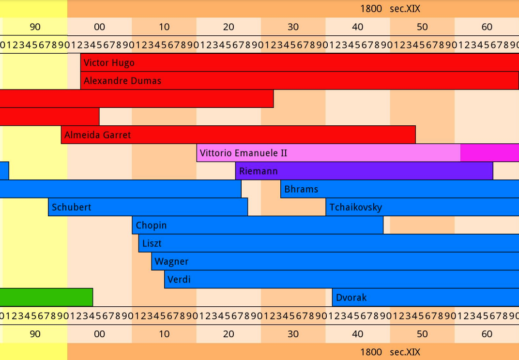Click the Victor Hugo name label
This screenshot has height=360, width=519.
pos(109,63)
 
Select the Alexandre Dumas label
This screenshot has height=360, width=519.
pos(122,81)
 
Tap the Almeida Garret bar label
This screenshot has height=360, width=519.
pos(97,135)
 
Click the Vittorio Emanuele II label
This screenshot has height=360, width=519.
pos(244,153)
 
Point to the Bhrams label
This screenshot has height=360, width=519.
pos(301,189)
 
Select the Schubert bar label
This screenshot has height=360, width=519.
pos(71,208)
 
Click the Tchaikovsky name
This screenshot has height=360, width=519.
pos(356,208)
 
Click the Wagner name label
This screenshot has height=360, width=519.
pos(171,262)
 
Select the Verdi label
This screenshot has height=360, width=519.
pos(179,280)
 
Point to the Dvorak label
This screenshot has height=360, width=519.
pos(351,298)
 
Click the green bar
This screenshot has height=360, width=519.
pos(46,297)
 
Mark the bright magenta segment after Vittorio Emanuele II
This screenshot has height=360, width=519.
pos(489,153)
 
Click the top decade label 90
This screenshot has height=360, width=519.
pos(35,27)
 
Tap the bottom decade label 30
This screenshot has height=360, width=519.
pos(293,334)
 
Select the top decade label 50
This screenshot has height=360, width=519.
pos(422,27)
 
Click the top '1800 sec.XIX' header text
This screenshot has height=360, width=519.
pos(390,9)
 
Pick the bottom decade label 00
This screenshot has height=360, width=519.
pos(99,334)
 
